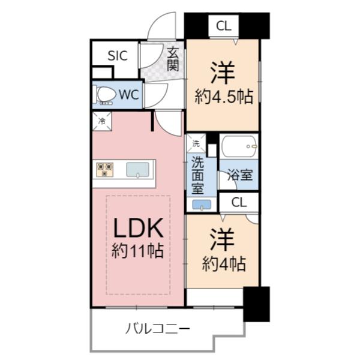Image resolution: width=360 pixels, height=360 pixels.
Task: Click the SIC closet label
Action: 118,56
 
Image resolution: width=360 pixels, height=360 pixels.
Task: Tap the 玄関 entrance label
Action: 173,59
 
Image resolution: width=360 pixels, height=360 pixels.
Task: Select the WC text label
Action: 129,94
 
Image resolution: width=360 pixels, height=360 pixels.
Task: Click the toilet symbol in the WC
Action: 106,95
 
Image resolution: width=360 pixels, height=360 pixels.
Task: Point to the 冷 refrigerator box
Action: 101,121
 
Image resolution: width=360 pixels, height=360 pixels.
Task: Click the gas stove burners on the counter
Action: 105,169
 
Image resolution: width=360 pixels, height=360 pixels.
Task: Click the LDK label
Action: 139,228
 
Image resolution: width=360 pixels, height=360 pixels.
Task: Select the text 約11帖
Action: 138,251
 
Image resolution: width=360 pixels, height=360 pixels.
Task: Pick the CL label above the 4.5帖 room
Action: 223,26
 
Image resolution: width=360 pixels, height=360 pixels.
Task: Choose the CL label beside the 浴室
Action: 238,202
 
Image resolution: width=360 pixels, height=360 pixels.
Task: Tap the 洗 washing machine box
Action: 195,143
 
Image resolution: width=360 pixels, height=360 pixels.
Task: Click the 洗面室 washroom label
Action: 197,175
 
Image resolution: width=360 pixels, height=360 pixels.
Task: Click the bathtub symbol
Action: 239,146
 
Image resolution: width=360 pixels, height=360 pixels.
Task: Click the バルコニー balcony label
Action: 158,329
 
